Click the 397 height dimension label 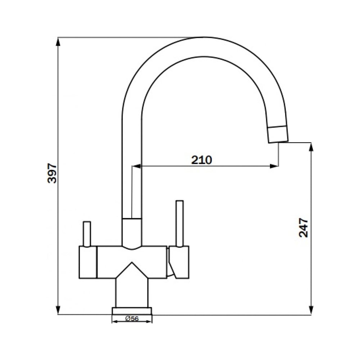(52, 173)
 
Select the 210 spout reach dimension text (202, 160)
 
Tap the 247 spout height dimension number (303, 228)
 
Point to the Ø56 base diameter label (132, 319)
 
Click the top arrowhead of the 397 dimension (58, 42)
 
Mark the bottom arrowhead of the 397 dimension (58, 310)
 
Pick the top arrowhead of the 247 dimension (311, 147)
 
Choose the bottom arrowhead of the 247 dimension (311, 310)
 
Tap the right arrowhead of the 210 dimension (274, 166)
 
